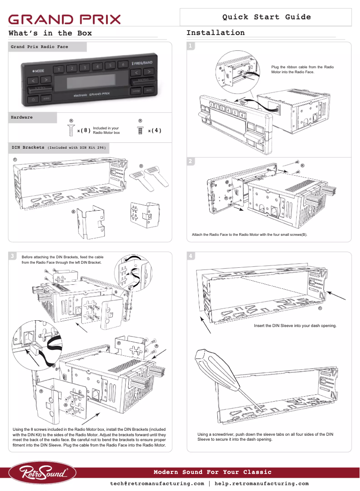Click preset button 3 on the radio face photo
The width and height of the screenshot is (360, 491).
pyautogui.click(x=84, y=68)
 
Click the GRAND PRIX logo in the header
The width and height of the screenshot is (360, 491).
pyautogui.click(x=65, y=19)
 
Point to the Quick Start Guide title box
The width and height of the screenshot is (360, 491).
pyautogui.click(x=266, y=17)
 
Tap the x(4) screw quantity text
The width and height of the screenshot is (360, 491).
pyautogui.click(x=154, y=131)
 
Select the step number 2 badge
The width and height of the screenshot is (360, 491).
pyautogui.click(x=191, y=161)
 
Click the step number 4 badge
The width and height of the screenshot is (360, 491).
pyautogui.click(x=191, y=256)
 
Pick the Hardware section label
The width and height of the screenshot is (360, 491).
pyautogui.click(x=22, y=117)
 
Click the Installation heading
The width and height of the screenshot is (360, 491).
pyautogui.click(x=215, y=33)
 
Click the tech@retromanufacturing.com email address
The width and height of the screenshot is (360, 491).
pyautogui.click(x=157, y=484)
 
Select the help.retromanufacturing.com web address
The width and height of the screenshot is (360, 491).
pyautogui.click(x=262, y=484)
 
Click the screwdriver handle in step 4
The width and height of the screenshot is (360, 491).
pyautogui.click(x=208, y=364)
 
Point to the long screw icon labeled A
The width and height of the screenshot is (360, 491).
pyautogui.click(x=71, y=130)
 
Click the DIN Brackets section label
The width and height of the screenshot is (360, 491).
pyautogui.click(x=28, y=147)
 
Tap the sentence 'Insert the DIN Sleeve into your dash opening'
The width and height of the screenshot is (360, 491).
pyautogui.click(x=295, y=325)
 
